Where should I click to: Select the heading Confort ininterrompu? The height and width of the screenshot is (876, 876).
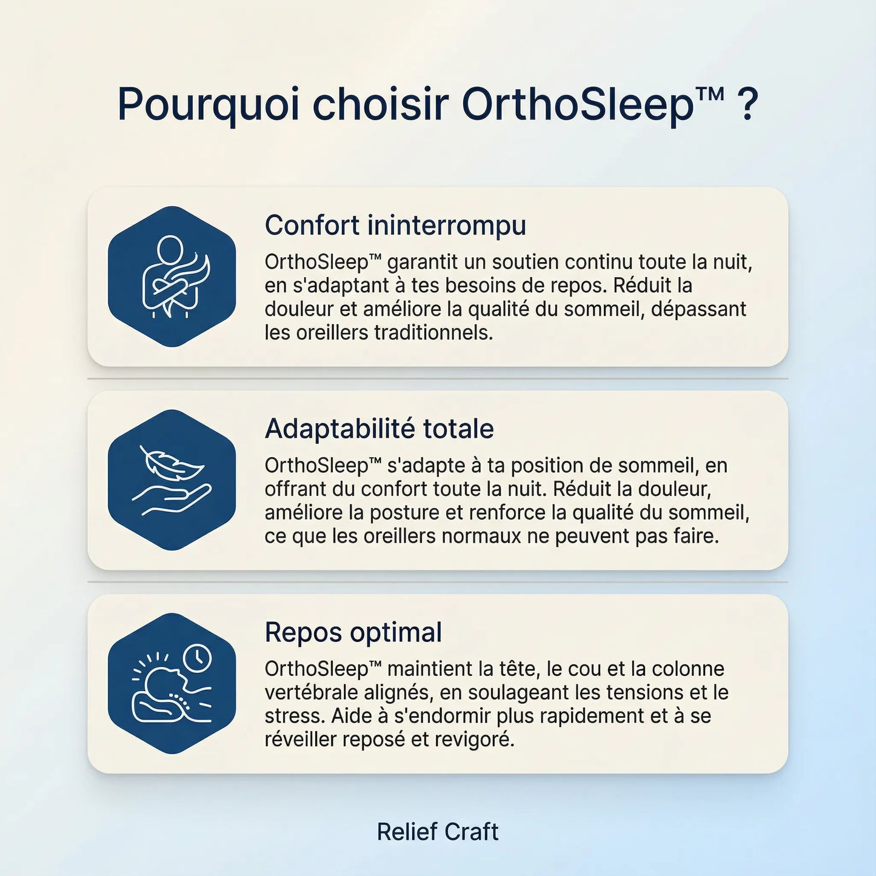coord(395,226)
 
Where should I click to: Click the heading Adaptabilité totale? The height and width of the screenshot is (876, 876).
coord(379,429)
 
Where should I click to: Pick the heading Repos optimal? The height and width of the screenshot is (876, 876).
coord(353,632)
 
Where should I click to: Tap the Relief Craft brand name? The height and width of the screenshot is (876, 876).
coord(438,832)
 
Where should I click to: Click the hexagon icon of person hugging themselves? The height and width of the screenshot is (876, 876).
coord(172,276)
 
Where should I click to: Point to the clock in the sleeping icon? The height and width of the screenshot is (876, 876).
coord(197,658)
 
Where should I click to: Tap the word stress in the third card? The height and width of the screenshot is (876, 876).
coord(294,716)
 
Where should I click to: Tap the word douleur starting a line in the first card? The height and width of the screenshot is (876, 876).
coord(299,309)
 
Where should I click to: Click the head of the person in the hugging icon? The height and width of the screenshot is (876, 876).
coord(170,248)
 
